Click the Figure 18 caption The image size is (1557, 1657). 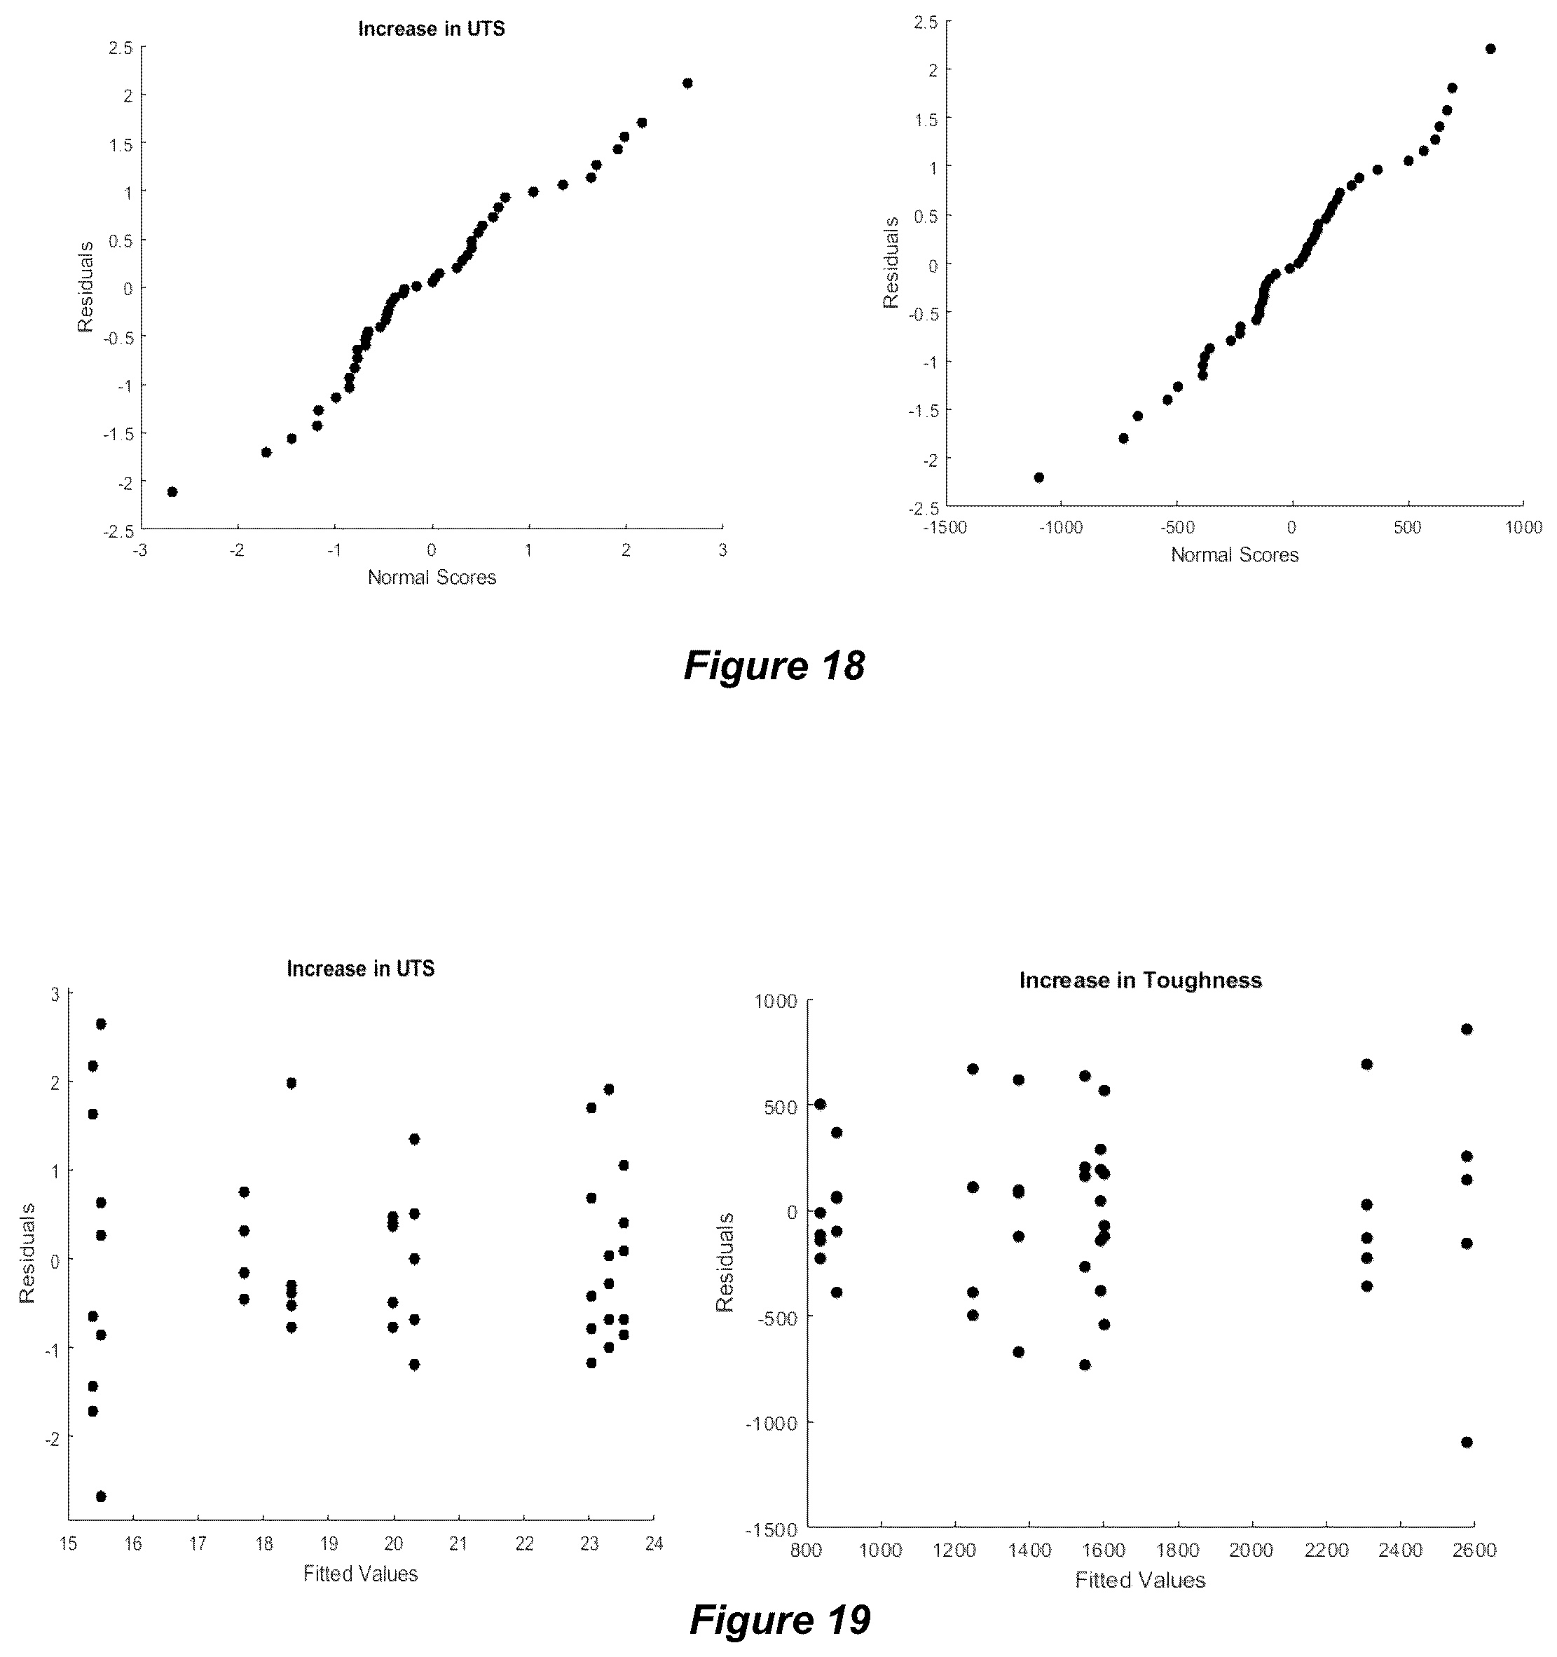click(x=774, y=666)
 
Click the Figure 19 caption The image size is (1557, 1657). click(x=780, y=1619)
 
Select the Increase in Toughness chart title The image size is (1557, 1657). click(x=1141, y=980)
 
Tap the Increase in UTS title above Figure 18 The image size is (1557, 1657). click(x=432, y=29)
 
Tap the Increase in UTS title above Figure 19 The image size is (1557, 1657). click(x=361, y=969)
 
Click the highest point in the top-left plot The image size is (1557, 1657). click(x=687, y=83)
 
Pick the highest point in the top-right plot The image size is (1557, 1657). click(x=1490, y=49)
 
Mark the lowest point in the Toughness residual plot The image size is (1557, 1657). click(x=1467, y=1443)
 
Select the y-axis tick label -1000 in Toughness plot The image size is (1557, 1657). click(x=772, y=1424)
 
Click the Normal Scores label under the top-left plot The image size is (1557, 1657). click(x=432, y=578)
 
